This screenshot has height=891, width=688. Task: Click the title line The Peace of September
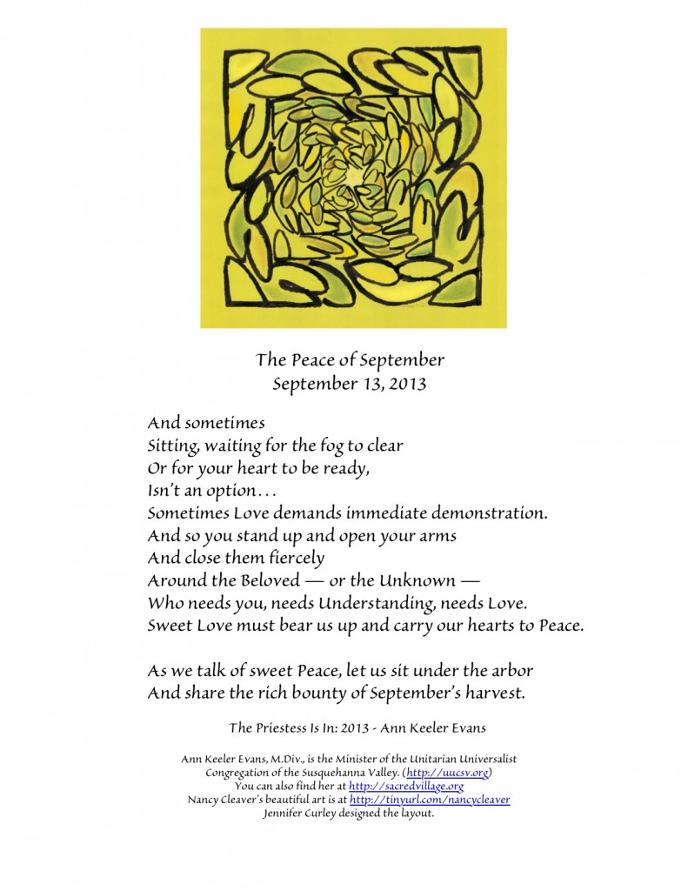point(350,360)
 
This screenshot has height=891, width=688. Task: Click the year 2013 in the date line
point(408,384)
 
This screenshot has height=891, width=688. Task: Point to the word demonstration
point(471,512)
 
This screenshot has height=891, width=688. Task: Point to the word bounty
point(316,693)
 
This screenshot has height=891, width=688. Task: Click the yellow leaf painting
point(353,178)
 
